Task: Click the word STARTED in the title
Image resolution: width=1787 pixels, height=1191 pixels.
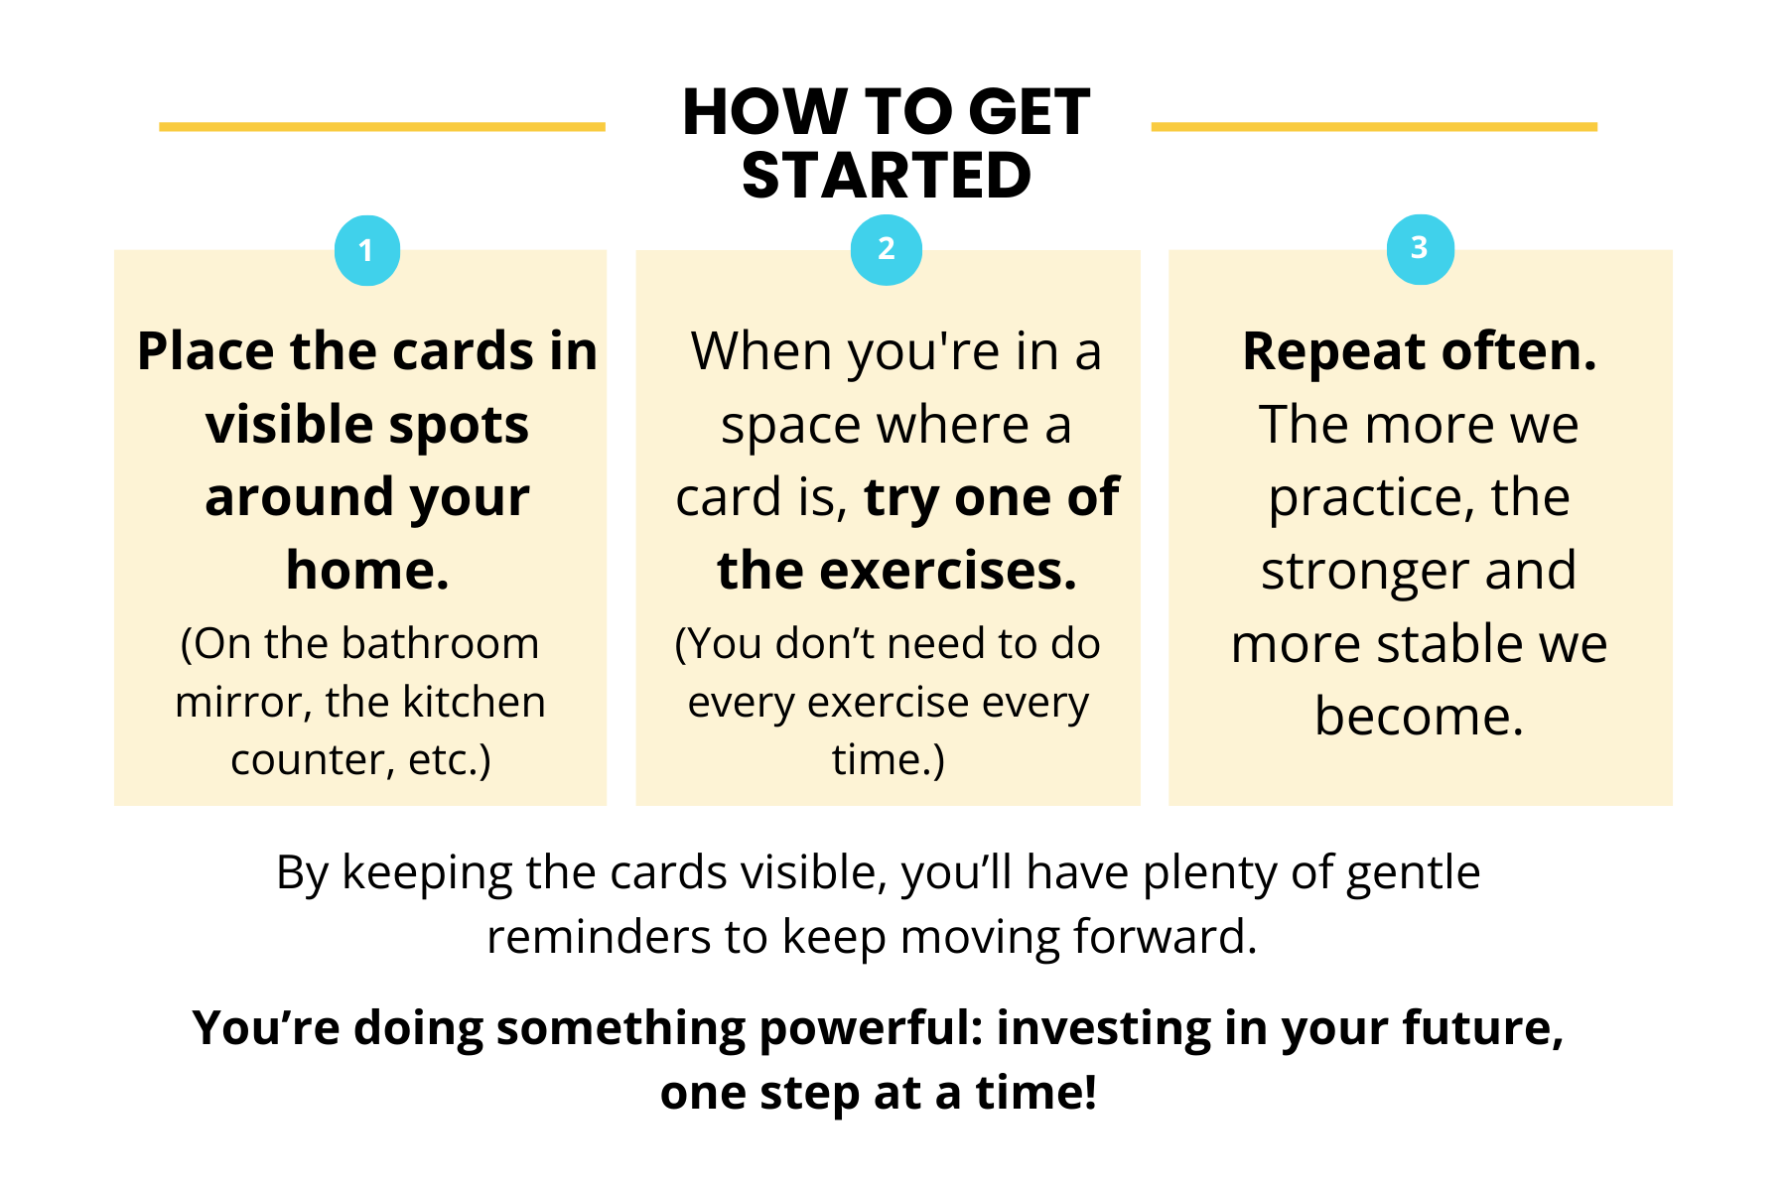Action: (x=887, y=176)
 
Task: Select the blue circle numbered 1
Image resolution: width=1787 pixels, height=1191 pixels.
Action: (x=367, y=250)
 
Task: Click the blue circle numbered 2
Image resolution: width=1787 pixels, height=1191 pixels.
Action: (x=887, y=249)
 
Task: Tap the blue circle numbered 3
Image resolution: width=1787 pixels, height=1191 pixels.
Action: (x=1421, y=249)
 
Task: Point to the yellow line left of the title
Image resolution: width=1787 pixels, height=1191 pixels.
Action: (x=382, y=127)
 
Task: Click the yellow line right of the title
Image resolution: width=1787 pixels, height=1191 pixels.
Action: (x=1374, y=127)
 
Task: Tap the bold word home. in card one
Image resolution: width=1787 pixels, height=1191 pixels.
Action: (x=367, y=570)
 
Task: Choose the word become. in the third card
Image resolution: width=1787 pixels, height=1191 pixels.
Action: (x=1420, y=716)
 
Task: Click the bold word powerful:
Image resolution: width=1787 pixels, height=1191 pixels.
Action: (x=872, y=1028)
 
